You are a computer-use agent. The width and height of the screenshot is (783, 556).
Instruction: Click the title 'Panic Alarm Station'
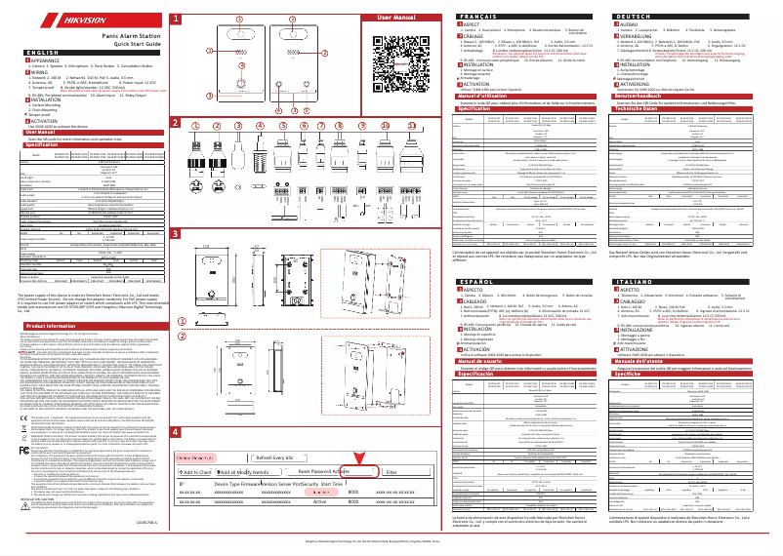(110, 34)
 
